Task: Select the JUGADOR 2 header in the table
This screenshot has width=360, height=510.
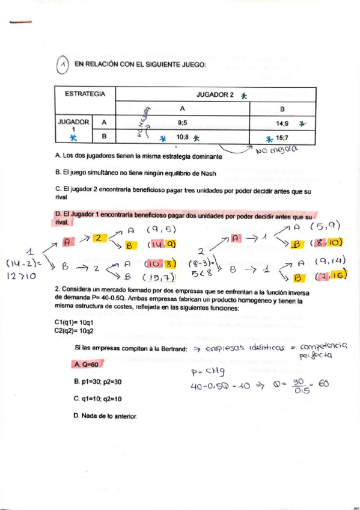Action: click(216, 95)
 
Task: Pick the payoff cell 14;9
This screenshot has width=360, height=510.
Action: click(282, 122)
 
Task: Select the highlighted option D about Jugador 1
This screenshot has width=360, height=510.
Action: click(184, 218)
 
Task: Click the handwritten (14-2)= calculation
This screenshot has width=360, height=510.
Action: click(23, 263)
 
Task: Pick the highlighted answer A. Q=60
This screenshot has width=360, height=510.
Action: click(87, 364)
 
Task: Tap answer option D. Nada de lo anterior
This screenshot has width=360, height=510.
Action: click(105, 416)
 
